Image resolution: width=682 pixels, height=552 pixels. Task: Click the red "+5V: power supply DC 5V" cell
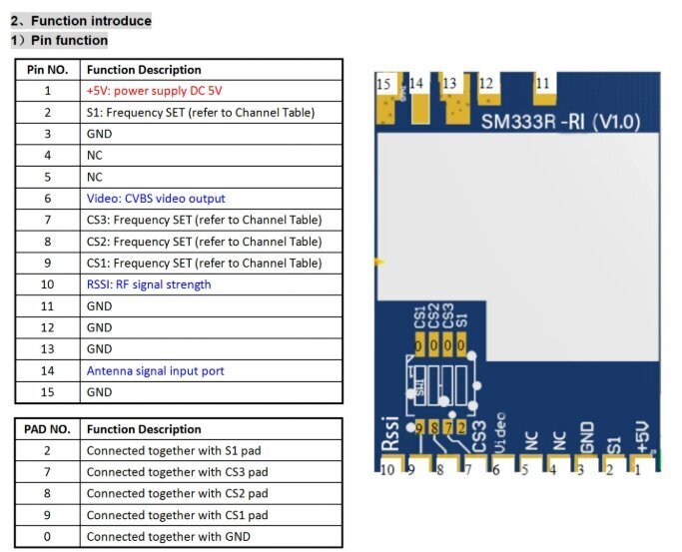(x=155, y=91)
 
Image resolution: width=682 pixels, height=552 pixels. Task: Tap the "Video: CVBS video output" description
(x=156, y=199)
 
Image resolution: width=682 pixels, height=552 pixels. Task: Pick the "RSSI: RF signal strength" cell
(x=148, y=284)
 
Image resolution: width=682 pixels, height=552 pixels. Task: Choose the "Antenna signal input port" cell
(x=155, y=371)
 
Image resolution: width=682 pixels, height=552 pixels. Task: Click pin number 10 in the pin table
(x=47, y=284)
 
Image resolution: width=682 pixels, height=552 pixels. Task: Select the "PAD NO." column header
(x=47, y=429)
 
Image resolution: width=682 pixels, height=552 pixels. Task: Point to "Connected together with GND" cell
(x=168, y=537)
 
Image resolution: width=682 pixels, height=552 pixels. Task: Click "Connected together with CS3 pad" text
(x=177, y=472)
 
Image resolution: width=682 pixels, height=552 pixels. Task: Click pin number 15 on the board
(x=384, y=85)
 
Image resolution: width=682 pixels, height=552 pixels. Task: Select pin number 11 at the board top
(x=543, y=85)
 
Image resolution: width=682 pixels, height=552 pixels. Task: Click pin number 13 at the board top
(x=450, y=84)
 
